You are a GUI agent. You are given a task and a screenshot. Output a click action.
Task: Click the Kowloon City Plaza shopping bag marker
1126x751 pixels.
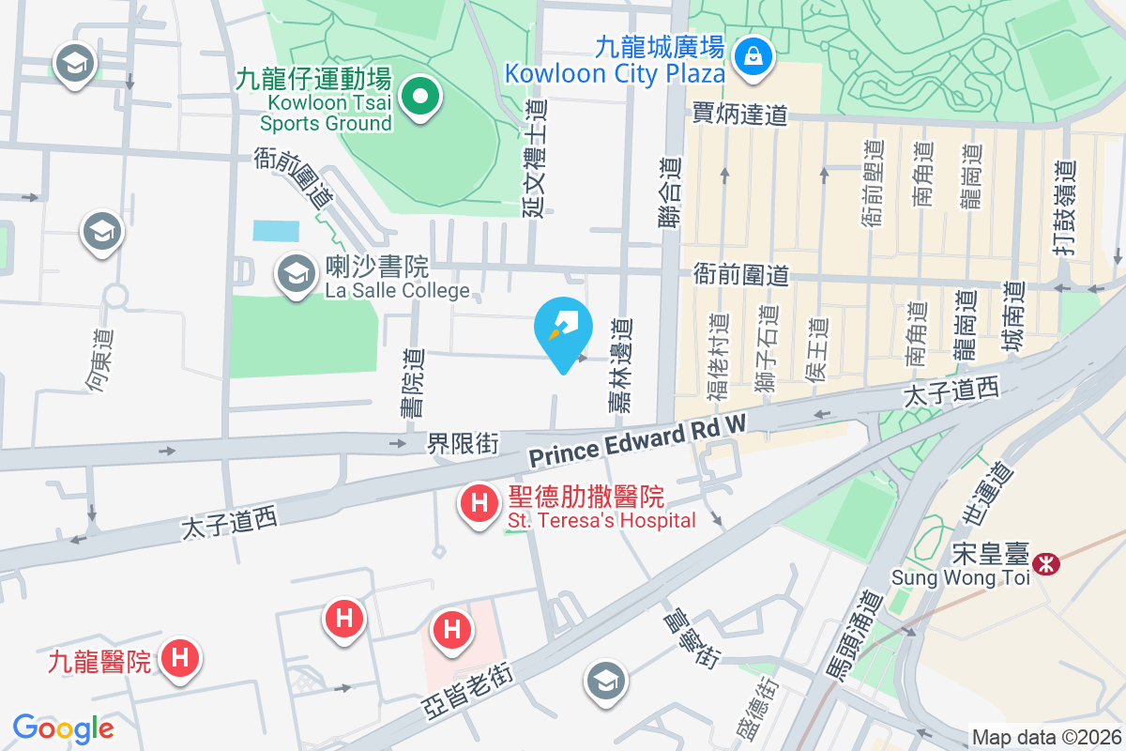tap(753, 54)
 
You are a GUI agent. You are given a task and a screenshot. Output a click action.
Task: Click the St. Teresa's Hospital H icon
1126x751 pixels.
tap(479, 503)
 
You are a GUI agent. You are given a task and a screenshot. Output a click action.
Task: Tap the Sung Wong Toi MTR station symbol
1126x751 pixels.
tap(1044, 563)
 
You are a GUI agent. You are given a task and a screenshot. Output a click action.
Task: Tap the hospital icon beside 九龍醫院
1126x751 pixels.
tap(180, 657)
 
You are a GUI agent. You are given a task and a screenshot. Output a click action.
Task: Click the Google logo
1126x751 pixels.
tap(64, 728)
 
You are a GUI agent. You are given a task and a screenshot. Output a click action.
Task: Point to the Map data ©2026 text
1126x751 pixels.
tap(1045, 738)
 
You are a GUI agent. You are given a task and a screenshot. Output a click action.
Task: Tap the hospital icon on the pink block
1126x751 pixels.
tap(452, 628)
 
